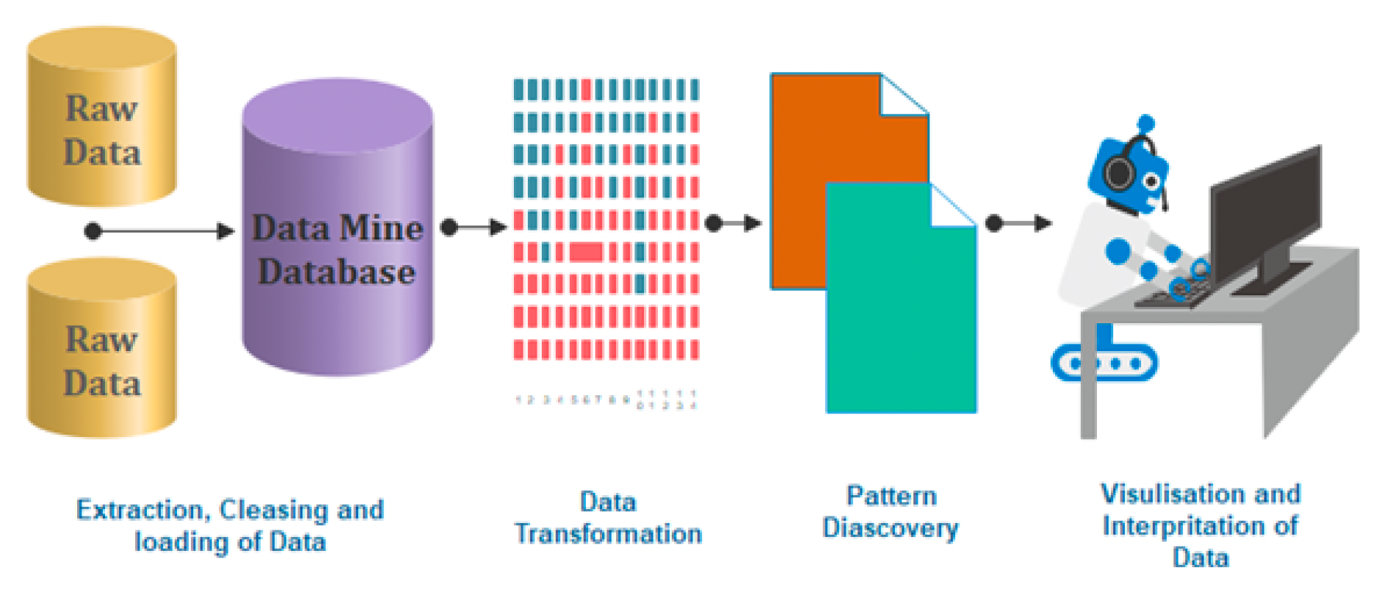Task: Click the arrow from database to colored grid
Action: pos(474,227)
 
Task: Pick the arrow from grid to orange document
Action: pos(733,223)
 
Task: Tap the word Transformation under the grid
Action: pos(608,534)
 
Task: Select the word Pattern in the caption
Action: pos(891,496)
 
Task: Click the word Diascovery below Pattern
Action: pos(890,528)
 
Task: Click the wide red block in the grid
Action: pos(586,253)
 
